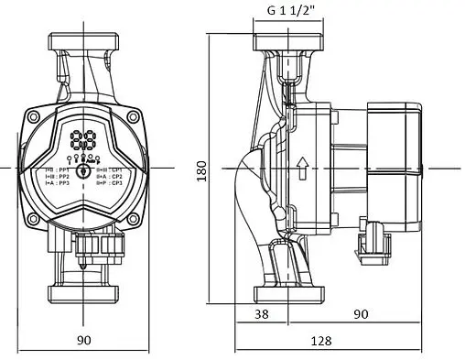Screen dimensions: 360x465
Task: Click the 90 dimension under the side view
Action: (x=362, y=314)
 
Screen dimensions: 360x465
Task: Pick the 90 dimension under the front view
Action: (x=83, y=340)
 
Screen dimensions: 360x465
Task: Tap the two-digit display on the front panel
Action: (x=82, y=142)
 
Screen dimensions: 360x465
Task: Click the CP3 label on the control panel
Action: (x=114, y=183)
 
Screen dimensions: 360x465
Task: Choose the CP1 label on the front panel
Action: (x=114, y=169)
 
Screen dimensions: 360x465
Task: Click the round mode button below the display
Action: (x=83, y=170)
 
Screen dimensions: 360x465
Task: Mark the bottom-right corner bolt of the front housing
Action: (x=131, y=221)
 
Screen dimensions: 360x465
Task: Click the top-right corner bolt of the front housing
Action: (x=131, y=117)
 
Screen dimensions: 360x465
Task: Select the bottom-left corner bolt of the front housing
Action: (x=35, y=221)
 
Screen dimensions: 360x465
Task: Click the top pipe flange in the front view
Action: (x=83, y=43)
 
